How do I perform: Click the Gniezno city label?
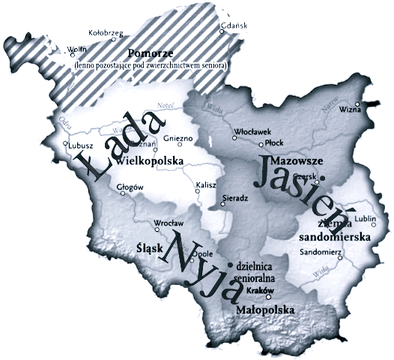[178, 138]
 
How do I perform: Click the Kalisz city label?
[205, 184]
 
